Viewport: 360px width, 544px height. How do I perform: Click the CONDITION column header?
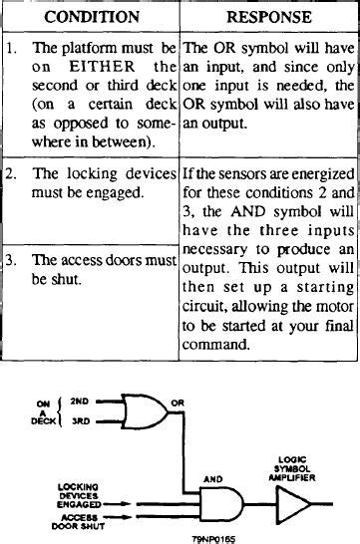point(92,17)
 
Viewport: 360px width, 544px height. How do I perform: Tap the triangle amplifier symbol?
point(291,504)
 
